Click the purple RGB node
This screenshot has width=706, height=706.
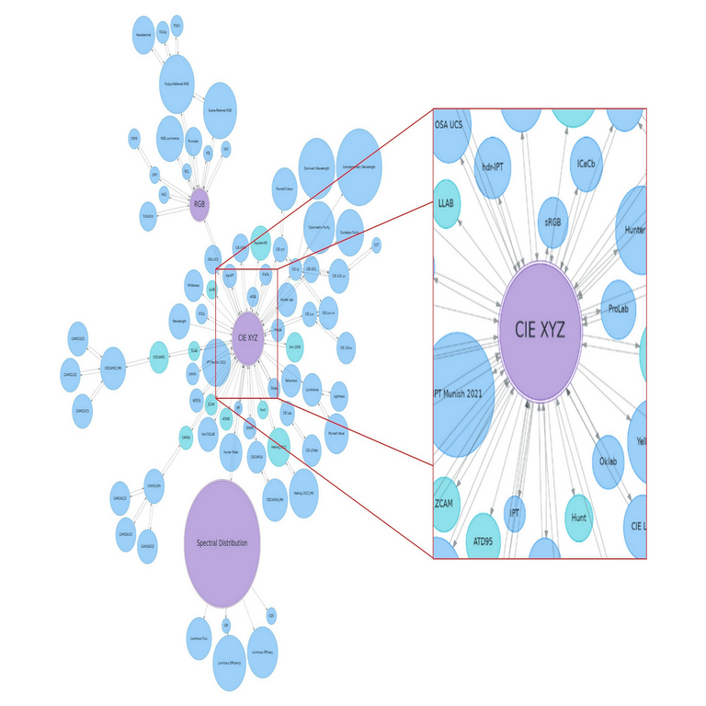(x=199, y=205)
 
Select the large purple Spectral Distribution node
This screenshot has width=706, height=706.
(x=222, y=543)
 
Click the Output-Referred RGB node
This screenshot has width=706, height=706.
(x=176, y=84)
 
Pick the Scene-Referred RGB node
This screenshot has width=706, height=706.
(x=220, y=109)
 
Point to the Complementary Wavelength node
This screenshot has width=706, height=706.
(x=359, y=166)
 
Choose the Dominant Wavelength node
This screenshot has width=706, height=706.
(x=316, y=169)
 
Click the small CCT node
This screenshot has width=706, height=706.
(x=375, y=245)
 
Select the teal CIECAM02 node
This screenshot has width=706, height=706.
(x=159, y=358)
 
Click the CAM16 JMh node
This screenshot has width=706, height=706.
(x=154, y=485)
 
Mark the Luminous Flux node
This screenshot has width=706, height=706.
(x=199, y=638)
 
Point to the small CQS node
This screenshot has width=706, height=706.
(x=271, y=615)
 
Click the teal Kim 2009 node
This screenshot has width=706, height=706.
(x=295, y=348)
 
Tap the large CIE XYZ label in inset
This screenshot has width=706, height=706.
(x=540, y=329)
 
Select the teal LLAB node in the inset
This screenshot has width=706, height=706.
(x=446, y=203)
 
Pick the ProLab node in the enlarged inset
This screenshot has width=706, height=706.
(x=618, y=309)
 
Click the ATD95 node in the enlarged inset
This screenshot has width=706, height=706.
(x=483, y=541)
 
